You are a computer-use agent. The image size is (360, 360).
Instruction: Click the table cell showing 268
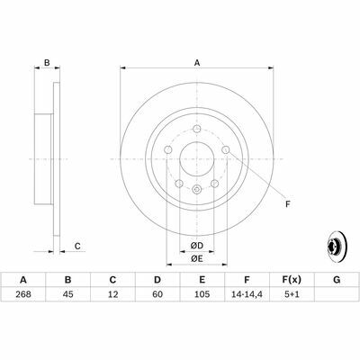tap(23, 294)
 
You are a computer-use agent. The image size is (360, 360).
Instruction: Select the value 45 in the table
tap(67, 294)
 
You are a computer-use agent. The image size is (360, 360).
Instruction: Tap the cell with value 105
tap(202, 294)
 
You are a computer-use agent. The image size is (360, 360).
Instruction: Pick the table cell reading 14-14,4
tap(247, 294)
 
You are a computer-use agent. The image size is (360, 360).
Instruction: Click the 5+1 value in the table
tap(292, 294)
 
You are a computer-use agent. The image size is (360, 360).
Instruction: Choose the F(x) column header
tap(292, 280)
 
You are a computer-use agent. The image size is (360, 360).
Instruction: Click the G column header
tap(337, 280)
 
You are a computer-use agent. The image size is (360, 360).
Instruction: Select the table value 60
tap(157, 294)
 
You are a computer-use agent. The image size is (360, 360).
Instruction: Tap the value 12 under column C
tap(112, 294)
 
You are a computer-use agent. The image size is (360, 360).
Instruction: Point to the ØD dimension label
tap(197, 246)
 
